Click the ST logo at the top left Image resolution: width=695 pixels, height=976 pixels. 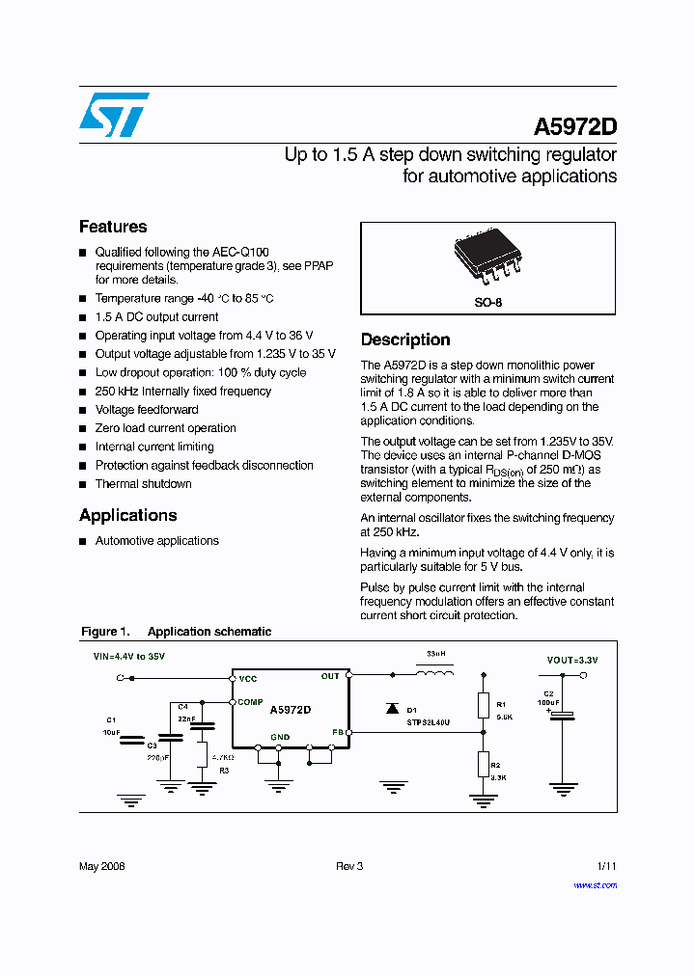click(114, 115)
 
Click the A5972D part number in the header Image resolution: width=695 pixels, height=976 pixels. click(575, 127)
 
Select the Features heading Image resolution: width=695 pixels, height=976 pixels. click(113, 227)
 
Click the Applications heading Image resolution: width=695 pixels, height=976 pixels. click(127, 515)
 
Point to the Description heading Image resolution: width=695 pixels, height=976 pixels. click(405, 339)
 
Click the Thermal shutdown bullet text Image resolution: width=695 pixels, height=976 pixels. click(143, 484)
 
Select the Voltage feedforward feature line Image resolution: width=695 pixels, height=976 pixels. click(147, 410)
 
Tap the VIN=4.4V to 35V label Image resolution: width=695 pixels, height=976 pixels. click(128, 657)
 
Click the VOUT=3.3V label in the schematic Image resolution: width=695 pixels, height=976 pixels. click(571, 660)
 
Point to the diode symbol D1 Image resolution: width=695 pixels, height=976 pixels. click(392, 708)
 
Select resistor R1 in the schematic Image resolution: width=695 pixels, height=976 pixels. click(483, 705)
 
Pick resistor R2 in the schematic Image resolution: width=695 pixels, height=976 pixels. click(483, 764)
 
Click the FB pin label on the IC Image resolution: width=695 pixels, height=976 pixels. click(337, 732)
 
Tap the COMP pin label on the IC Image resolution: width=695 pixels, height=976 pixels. click(250, 702)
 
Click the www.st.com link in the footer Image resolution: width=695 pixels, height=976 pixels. click(595, 884)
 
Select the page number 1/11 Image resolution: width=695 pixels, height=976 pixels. click(605, 866)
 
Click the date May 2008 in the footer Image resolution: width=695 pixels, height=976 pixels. click(101, 866)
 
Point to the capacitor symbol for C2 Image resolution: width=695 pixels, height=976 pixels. click(562, 715)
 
